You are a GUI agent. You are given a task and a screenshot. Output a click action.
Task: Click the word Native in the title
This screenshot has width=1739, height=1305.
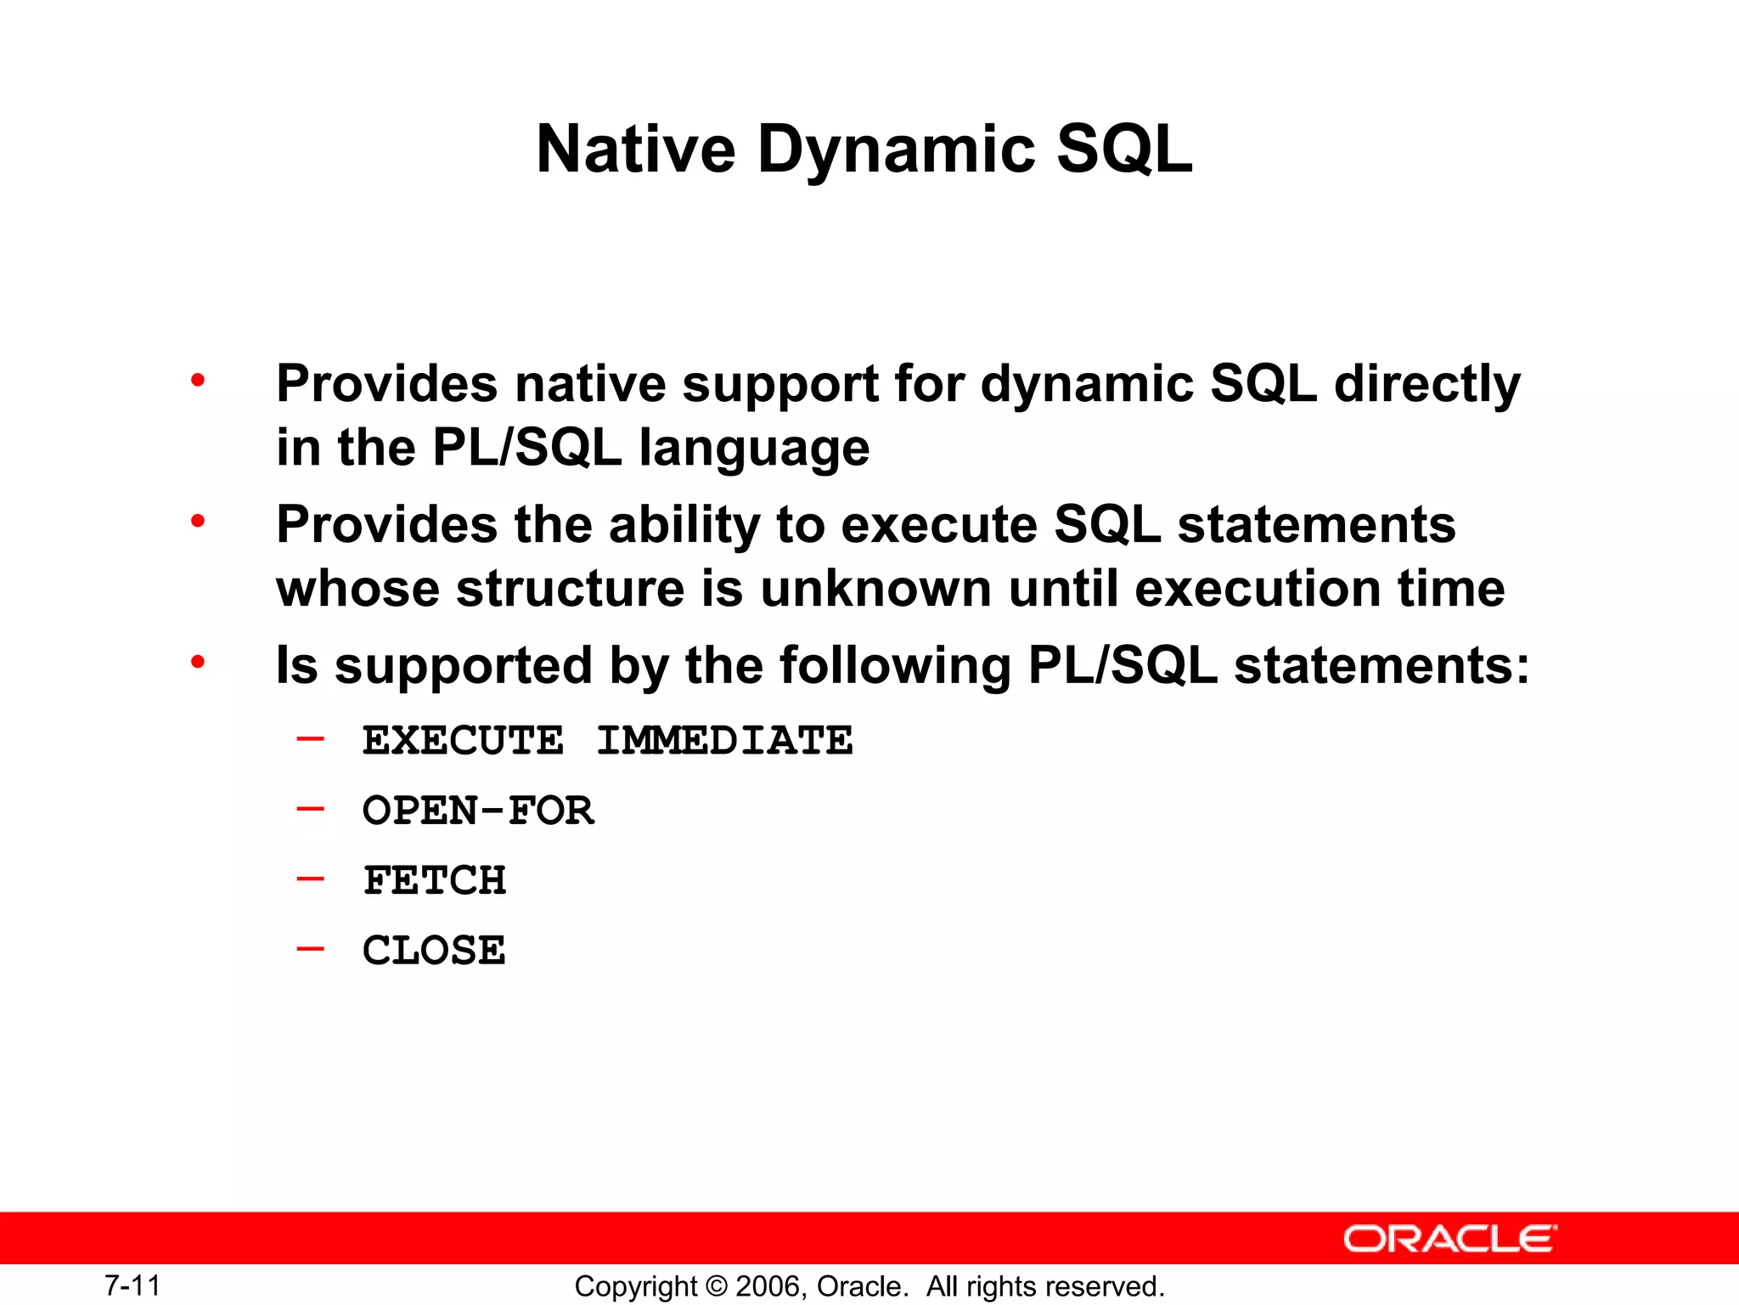coord(635,150)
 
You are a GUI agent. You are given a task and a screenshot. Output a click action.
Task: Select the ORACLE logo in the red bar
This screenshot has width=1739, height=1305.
coord(1450,1240)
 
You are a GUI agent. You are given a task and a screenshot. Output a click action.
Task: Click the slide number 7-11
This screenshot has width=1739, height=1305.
coord(132,1285)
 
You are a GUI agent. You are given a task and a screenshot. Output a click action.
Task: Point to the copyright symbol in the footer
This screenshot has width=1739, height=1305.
coord(718,1286)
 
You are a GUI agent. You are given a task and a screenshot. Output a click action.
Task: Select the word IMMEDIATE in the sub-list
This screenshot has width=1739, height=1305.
coord(724,741)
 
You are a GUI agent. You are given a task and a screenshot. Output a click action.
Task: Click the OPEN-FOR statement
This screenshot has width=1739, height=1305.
coord(478,811)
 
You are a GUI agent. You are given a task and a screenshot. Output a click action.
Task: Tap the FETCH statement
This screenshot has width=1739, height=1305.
coord(434,880)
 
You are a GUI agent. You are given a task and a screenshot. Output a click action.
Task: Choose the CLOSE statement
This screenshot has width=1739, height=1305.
coord(434,950)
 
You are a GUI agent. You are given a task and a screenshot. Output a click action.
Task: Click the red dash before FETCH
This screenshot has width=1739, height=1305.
coord(310,878)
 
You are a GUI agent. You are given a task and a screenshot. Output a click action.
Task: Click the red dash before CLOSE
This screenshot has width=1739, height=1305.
coord(310,948)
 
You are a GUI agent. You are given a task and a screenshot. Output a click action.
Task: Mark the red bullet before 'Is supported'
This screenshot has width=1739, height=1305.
coord(198,661)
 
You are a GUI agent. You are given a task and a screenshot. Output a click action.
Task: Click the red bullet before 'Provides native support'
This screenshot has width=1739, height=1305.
coord(198,380)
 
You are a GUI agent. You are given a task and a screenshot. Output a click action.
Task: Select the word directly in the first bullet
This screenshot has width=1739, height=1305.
coord(1427,384)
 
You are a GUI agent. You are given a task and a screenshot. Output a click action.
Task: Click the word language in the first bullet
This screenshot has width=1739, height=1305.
coord(754,449)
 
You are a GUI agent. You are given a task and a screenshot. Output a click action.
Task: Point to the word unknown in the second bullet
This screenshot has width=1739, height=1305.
coord(875,589)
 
